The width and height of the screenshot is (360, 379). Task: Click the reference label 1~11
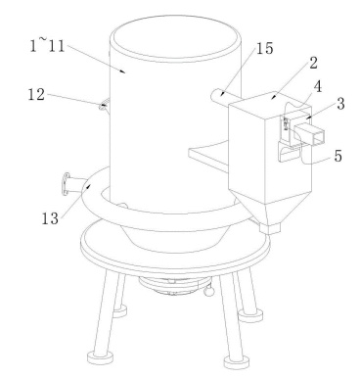tap(47, 45)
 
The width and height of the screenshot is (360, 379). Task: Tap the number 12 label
tap(36, 95)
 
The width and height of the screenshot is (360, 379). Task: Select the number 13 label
tap(50, 218)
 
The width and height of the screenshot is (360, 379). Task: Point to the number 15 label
tap(265, 48)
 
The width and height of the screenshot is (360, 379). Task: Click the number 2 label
tap(313, 63)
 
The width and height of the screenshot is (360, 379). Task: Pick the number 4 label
tap(318, 87)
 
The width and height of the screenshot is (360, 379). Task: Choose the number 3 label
tap(340, 104)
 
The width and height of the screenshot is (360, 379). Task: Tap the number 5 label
tap(338, 156)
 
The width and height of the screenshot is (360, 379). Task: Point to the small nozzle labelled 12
tap(105, 106)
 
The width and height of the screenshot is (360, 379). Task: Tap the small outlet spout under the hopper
tap(270, 228)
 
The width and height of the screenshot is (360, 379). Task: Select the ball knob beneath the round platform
tap(209, 291)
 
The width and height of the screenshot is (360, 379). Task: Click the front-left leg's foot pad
tap(100, 356)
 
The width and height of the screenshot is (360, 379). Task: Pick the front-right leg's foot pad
tap(237, 361)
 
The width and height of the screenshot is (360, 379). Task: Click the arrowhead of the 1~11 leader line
tap(123, 71)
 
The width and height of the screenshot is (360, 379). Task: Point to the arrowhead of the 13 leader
tap(88, 186)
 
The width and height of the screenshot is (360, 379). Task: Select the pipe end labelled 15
tap(216, 96)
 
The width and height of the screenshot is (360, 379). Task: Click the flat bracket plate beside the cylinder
tap(208, 156)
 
